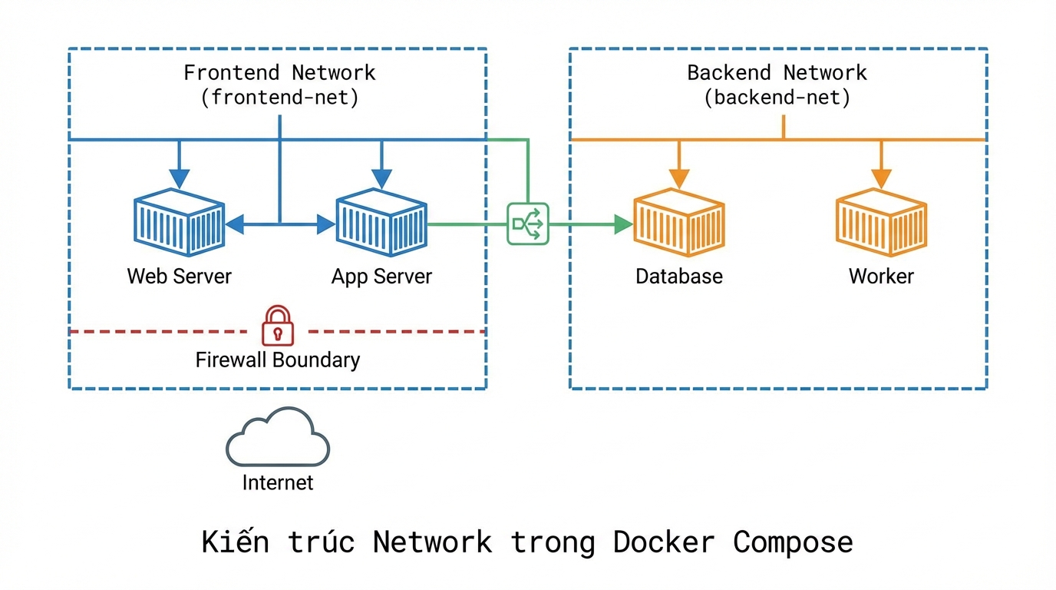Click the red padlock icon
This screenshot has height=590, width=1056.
278,326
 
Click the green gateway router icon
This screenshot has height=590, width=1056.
528,224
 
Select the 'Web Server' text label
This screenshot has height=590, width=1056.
179,277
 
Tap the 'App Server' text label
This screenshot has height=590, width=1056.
381,277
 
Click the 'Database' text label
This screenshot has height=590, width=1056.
678,277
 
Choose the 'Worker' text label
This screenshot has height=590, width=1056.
881,277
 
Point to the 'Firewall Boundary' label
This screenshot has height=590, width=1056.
278,360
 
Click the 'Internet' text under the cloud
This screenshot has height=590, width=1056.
278,482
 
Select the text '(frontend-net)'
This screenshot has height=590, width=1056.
279,98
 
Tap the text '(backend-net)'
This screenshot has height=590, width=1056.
777,98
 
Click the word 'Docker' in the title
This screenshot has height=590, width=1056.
664,542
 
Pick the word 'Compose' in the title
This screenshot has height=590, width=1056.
793,542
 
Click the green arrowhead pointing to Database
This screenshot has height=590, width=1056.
623,224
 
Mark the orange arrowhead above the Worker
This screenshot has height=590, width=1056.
881,178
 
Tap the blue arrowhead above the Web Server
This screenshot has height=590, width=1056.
179,178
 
